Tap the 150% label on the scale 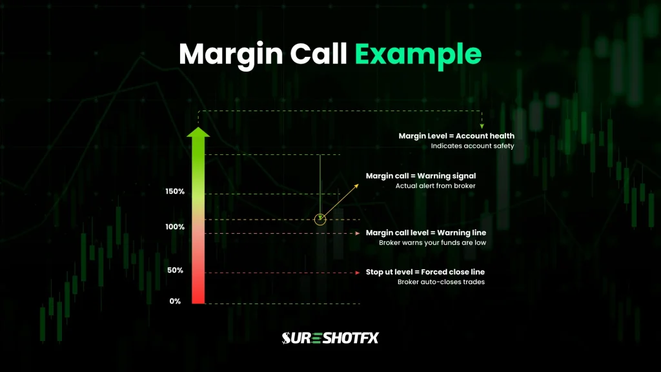pyautogui.click(x=175, y=192)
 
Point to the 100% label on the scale pyautogui.click(x=175, y=227)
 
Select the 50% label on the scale pyautogui.click(x=176, y=271)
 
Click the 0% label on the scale pyautogui.click(x=176, y=302)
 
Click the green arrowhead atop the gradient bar pyautogui.click(x=198, y=133)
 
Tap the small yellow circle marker pyautogui.click(x=320, y=220)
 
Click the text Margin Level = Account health pyautogui.click(x=456, y=136)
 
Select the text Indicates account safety pyautogui.click(x=473, y=147)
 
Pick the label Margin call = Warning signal pyautogui.click(x=421, y=176)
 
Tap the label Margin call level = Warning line pyautogui.click(x=426, y=232)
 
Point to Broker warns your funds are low pyautogui.click(x=432, y=243)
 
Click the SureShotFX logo pyautogui.click(x=330, y=337)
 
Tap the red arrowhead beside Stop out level pyautogui.click(x=358, y=273)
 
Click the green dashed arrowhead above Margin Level pyautogui.click(x=482, y=125)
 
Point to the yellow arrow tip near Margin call pyautogui.click(x=357, y=185)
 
